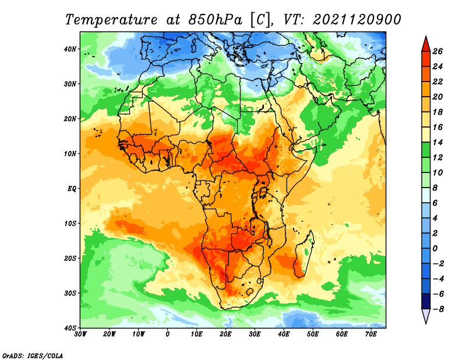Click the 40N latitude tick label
tap(70, 49)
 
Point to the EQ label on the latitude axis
tap(72, 189)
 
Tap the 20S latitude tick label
tap(70, 258)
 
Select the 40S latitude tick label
tap(70, 328)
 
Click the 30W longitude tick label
tap(80, 334)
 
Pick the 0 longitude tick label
tap(168, 334)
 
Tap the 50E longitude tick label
tap(313, 334)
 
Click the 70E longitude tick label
tap(371, 334)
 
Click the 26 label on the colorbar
tap(437, 51)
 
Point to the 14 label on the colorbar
tap(437, 142)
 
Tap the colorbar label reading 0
tap(435, 249)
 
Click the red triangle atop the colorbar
tap(426, 44)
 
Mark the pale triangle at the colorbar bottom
tap(426, 316)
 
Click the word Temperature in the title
tap(111, 20)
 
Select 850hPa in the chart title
tap(215, 20)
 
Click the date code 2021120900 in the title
tap(357, 20)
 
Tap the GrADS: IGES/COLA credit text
tap(33, 355)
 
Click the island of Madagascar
tap(303, 254)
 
